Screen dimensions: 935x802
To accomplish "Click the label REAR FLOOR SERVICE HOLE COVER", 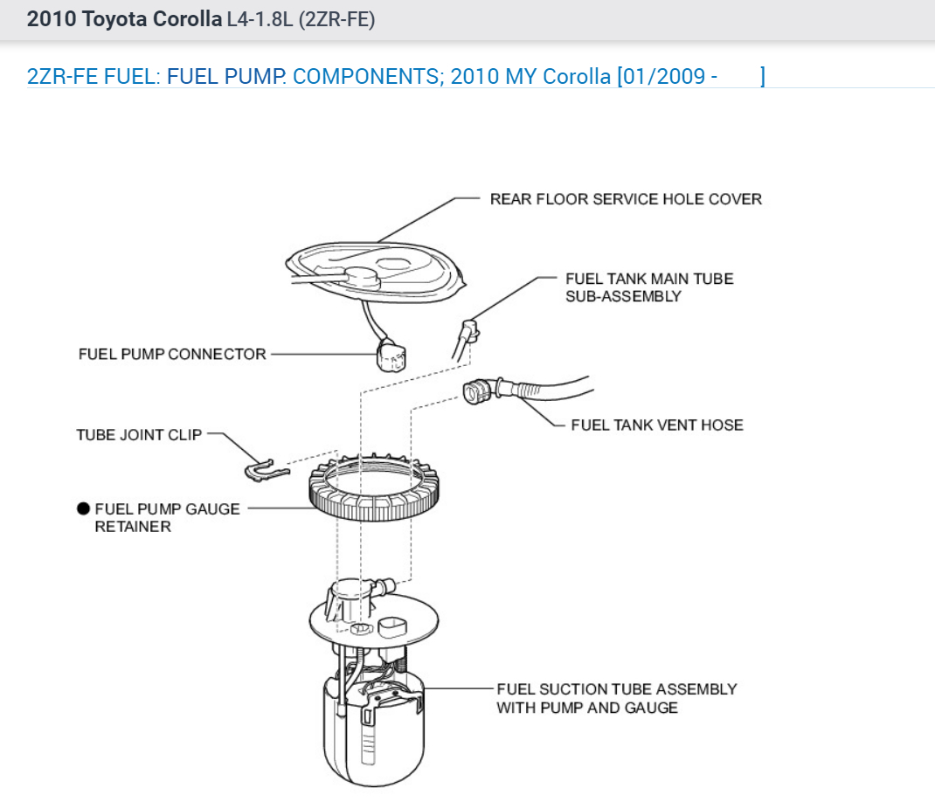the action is pos(625,199).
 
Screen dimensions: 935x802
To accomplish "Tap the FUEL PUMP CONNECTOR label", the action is pos(172,354).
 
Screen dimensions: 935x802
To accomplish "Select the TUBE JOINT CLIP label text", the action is pos(139,434).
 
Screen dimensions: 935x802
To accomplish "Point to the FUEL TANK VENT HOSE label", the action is pos(656,425).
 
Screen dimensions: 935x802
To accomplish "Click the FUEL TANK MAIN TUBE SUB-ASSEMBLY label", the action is pos(649,287).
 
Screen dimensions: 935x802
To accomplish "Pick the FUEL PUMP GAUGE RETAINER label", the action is pos(166,517).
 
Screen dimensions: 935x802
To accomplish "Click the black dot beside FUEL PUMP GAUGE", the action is pos(83,508).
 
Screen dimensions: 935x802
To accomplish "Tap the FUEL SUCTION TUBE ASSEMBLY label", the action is pos(616,698).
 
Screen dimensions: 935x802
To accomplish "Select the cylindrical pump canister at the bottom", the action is pos(373,734).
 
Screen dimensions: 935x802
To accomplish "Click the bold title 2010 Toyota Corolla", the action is pos(124,19).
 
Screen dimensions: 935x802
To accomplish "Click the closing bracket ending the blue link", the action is pos(762,76).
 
